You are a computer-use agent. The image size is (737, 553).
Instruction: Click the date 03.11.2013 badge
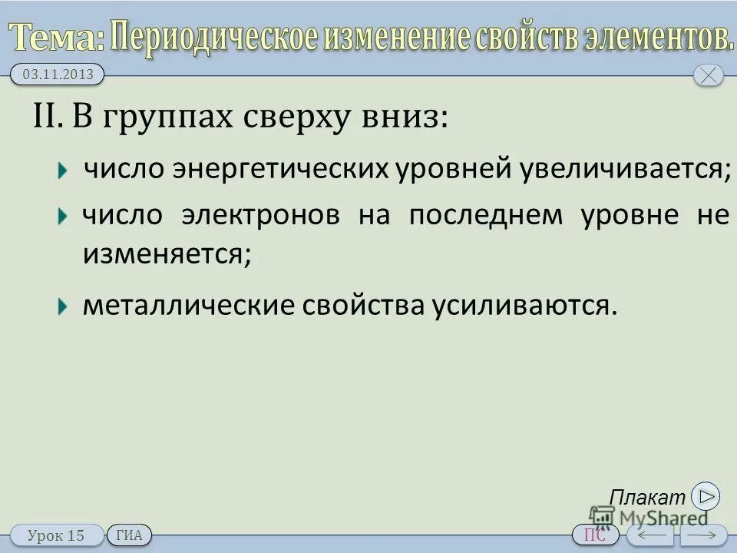[57, 75]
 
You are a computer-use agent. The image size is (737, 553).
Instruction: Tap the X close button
[708, 75]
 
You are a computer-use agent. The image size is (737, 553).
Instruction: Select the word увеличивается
[622, 170]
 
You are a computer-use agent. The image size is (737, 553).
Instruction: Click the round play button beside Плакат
[705, 496]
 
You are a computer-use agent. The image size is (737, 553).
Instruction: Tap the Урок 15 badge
[56, 535]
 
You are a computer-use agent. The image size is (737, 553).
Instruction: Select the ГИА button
[129, 535]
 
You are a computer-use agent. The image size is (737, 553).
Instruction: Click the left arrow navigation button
[649, 535]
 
